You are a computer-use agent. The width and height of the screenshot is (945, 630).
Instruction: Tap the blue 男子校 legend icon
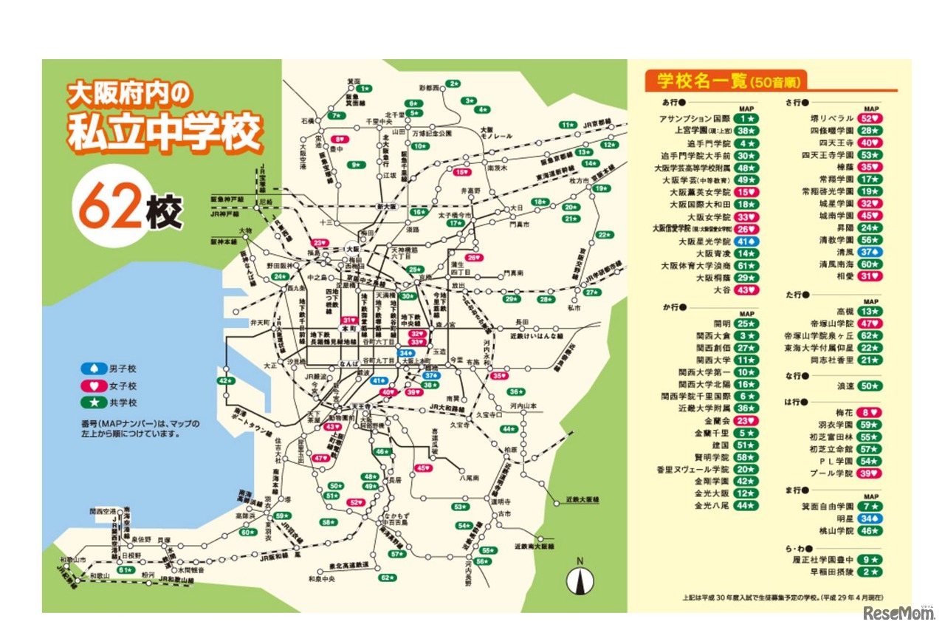94,369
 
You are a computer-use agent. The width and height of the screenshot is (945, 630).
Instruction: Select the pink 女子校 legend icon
94,386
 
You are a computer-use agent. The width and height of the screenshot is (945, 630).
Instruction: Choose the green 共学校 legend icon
94,403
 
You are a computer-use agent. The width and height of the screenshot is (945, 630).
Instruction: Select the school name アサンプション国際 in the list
695,118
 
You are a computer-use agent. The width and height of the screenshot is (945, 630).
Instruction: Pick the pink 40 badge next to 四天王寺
870,143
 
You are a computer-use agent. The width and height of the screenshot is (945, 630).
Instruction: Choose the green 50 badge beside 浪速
870,386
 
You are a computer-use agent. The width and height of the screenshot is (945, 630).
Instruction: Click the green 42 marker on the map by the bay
225,380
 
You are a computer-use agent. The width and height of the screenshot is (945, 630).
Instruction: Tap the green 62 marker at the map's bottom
384,577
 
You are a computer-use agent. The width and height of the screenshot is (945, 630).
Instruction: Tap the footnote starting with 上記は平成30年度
783,597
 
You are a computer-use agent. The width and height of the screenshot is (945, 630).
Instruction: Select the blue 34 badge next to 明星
870,518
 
